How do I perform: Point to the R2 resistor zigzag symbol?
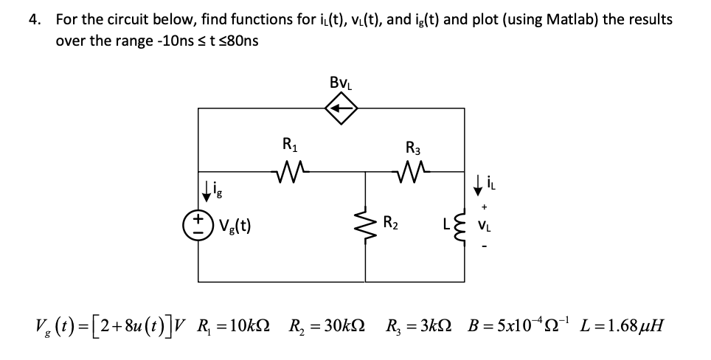367,222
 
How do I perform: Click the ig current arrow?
207,194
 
